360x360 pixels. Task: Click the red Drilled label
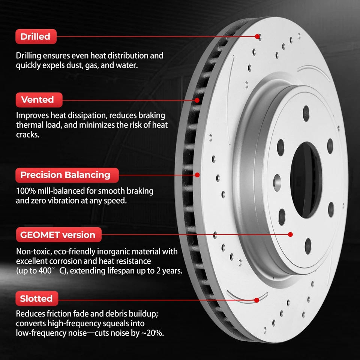tap(35, 37)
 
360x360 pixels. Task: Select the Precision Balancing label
tap(65, 175)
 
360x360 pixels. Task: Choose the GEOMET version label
tap(58, 235)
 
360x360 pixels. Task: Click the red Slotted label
tap(36, 299)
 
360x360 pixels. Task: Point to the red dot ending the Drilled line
tap(258, 36)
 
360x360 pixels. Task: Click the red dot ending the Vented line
tap(198, 100)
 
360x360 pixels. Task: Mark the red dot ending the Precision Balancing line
tap(198, 174)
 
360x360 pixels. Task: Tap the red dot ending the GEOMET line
tap(290, 234)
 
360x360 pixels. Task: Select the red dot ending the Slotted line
tap(257, 300)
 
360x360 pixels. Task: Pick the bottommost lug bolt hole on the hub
tap(308, 246)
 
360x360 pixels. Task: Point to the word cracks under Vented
tap(28, 135)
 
